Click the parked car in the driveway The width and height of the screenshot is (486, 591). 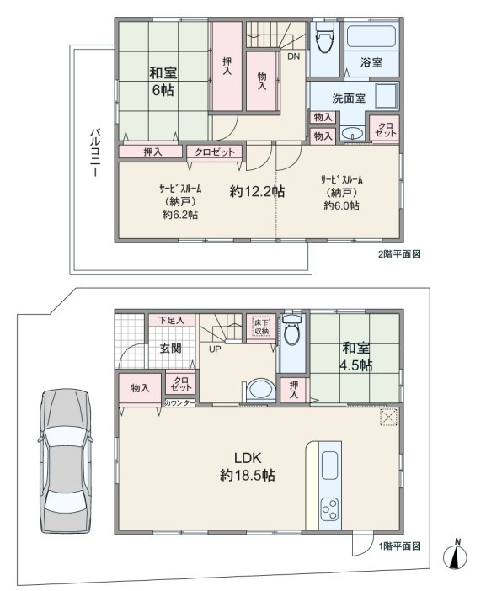(x=65, y=461)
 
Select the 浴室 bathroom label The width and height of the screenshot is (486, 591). (x=371, y=62)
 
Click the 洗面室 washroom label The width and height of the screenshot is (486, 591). (x=349, y=98)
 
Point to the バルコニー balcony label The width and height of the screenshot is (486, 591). (x=94, y=152)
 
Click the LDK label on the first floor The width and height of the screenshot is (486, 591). (x=248, y=458)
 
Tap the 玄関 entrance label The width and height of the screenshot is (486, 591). (x=171, y=349)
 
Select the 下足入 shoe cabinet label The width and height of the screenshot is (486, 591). (x=171, y=321)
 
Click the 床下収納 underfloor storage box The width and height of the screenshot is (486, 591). (x=261, y=327)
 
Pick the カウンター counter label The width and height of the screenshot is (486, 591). (x=180, y=402)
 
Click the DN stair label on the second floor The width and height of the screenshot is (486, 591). (x=294, y=56)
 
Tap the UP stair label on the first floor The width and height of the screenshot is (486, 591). (x=215, y=349)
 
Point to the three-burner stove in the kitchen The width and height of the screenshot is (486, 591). (x=330, y=508)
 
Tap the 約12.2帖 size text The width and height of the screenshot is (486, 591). (x=257, y=192)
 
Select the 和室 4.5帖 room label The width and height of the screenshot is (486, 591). (x=357, y=356)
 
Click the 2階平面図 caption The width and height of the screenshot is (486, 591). (x=399, y=254)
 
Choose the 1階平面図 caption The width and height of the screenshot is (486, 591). (x=399, y=546)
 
